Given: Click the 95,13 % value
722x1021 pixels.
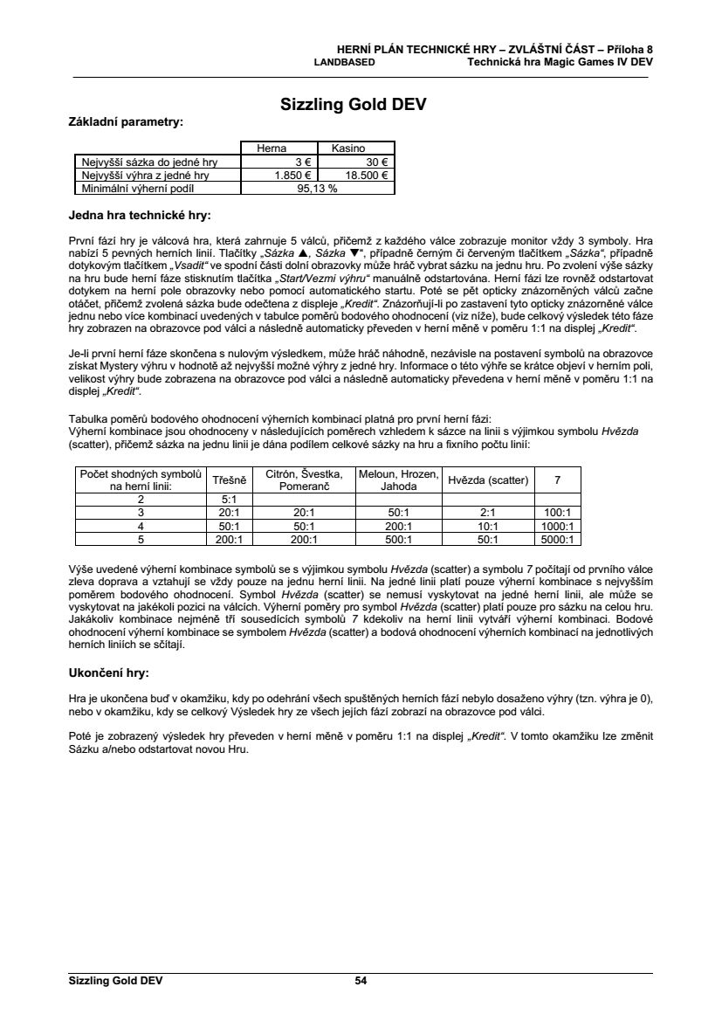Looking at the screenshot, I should point(318,188).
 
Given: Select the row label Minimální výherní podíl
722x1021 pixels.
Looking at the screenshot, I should point(135,188).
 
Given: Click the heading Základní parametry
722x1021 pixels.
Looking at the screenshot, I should point(126,122).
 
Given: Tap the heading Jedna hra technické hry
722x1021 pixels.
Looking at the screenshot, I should point(140,214).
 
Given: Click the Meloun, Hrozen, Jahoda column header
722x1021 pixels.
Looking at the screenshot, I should point(398,479).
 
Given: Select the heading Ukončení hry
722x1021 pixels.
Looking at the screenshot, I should point(108,673).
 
